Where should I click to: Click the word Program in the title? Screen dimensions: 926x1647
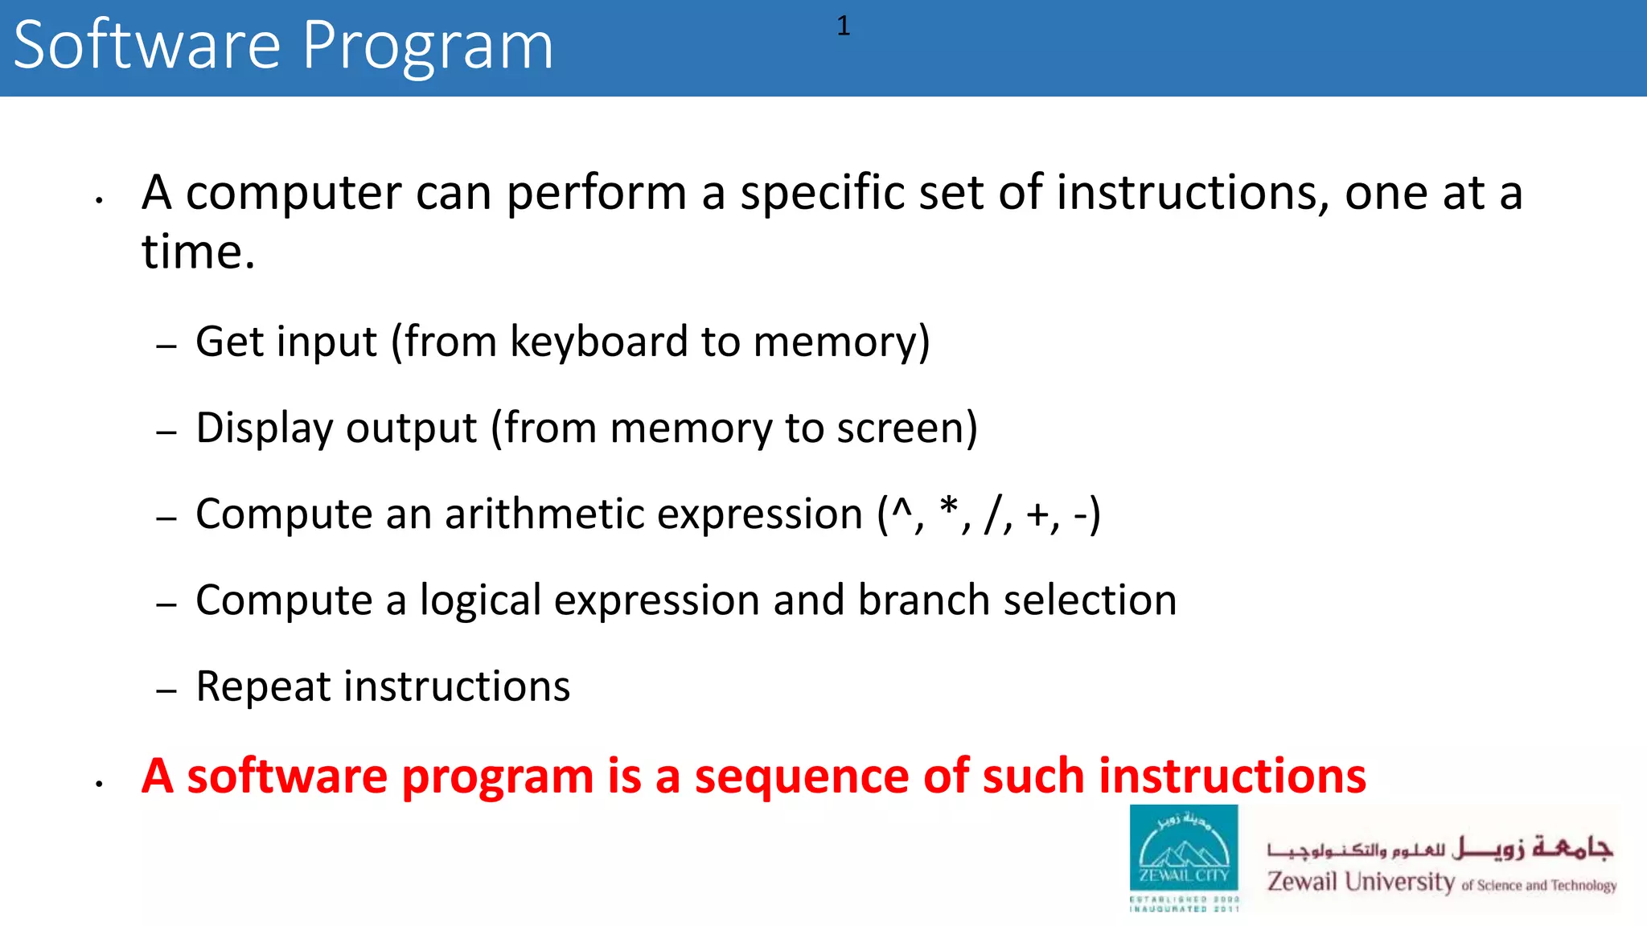(428, 47)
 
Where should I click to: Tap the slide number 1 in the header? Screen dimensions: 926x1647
(843, 27)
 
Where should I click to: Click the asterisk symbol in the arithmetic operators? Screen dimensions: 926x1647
(949, 507)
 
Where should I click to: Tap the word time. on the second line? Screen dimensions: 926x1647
(198, 252)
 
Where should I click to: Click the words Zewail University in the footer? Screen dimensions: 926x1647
(1361, 882)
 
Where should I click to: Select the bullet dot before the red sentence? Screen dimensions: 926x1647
(99, 783)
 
